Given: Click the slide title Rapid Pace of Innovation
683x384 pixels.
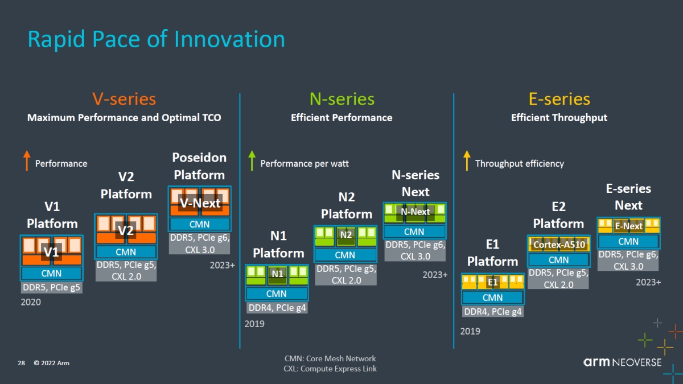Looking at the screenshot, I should pyautogui.click(x=157, y=40).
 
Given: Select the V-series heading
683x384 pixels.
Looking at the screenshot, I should pyautogui.click(x=124, y=99).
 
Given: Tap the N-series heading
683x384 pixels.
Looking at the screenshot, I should pyautogui.click(x=341, y=99).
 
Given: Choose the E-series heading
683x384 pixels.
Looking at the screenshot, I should pyautogui.click(x=559, y=99).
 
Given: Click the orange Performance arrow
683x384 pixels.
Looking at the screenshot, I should pyautogui.click(x=26, y=160).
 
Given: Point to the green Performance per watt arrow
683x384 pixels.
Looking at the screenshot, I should pyautogui.click(x=252, y=160).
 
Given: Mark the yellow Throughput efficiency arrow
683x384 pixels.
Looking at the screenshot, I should pyautogui.click(x=467, y=160).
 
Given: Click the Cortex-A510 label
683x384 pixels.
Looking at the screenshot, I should pyautogui.click(x=559, y=245).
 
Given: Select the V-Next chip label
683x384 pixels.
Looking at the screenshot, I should pyautogui.click(x=200, y=203).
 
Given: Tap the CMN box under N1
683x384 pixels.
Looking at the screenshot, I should pyautogui.click(x=277, y=294).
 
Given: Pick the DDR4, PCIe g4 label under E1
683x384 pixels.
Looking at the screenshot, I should pyautogui.click(x=493, y=312).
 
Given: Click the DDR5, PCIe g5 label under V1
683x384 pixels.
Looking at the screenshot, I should pyautogui.click(x=52, y=287).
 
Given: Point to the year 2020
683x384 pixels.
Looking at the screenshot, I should pyautogui.click(x=31, y=302).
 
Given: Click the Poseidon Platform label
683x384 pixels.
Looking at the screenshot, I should pyautogui.click(x=199, y=166).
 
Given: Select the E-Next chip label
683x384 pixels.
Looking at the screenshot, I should pyautogui.click(x=628, y=226).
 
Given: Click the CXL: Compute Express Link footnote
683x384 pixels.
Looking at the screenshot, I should pyautogui.click(x=330, y=369).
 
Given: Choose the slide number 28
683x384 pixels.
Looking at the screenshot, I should pyautogui.click(x=22, y=363).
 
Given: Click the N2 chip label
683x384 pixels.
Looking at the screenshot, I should pyautogui.click(x=346, y=234).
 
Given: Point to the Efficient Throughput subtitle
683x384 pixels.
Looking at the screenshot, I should pyautogui.click(x=559, y=118).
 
